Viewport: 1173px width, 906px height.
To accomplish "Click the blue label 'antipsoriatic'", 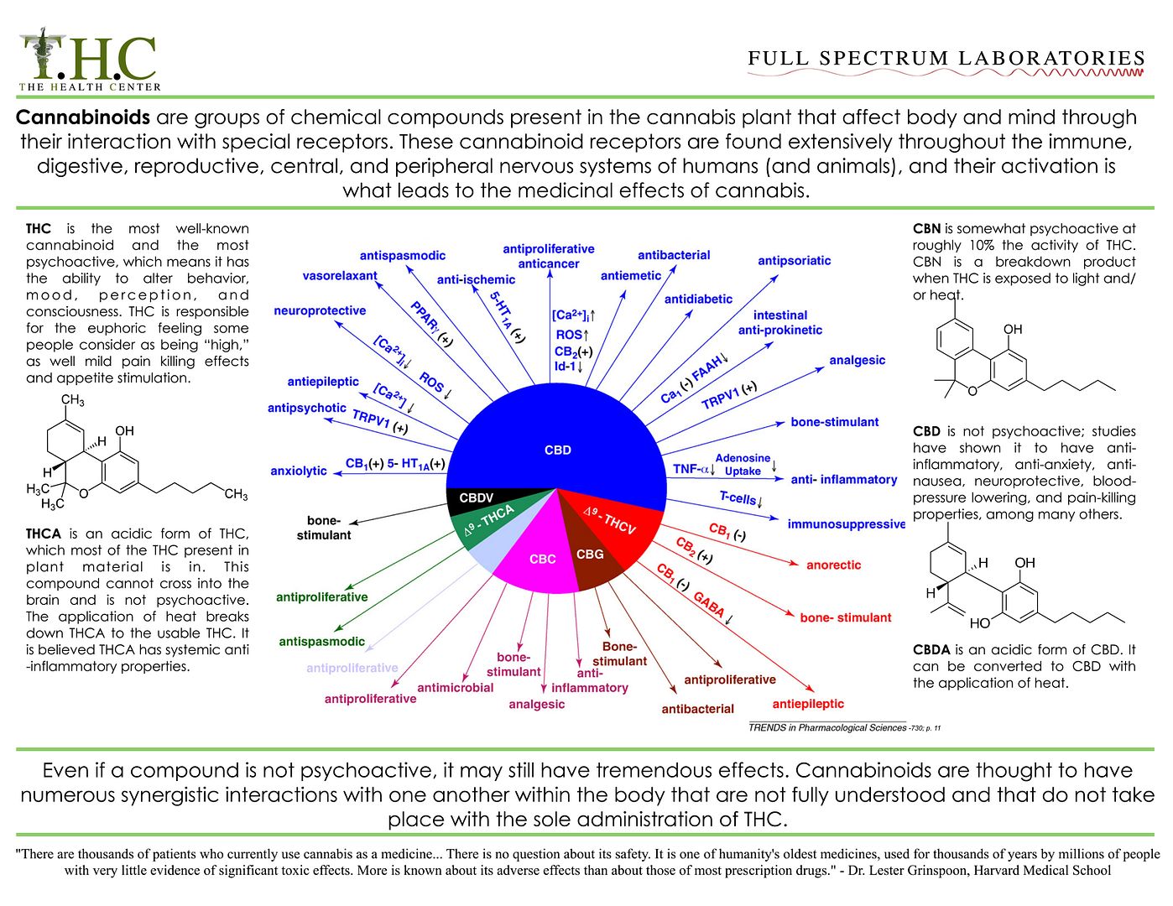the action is click(x=794, y=261).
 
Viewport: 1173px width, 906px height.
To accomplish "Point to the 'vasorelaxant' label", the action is click(x=340, y=276).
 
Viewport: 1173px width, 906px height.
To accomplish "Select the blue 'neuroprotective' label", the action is click(x=320, y=311).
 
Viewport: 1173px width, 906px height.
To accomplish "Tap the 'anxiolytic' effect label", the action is click(x=299, y=471).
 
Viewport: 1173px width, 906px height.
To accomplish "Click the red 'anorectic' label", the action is click(x=833, y=565).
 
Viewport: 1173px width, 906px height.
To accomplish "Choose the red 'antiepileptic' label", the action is click(x=807, y=704).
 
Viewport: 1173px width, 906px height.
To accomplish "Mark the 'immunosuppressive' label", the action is click(x=846, y=524).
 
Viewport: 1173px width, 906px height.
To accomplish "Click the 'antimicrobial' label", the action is click(x=455, y=687).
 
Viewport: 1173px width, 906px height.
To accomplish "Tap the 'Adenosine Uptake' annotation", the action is click(x=743, y=465).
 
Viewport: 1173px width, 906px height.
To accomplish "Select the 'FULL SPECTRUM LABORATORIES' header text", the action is click(x=946, y=58).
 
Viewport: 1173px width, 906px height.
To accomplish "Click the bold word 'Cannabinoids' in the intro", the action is click(x=82, y=117).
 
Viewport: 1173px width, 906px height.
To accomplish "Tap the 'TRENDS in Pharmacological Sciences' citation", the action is click(x=827, y=727).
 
